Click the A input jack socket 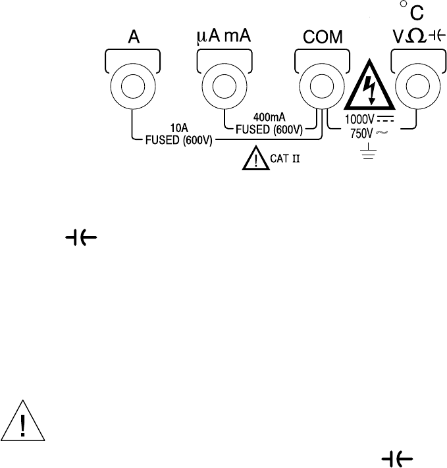tap(133, 86)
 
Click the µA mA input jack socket tap(226, 86)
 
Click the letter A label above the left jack tap(133, 39)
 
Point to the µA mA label tap(226, 37)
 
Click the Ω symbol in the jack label tap(413, 38)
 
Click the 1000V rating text tap(355, 120)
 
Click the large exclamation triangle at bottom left tap(23, 421)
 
